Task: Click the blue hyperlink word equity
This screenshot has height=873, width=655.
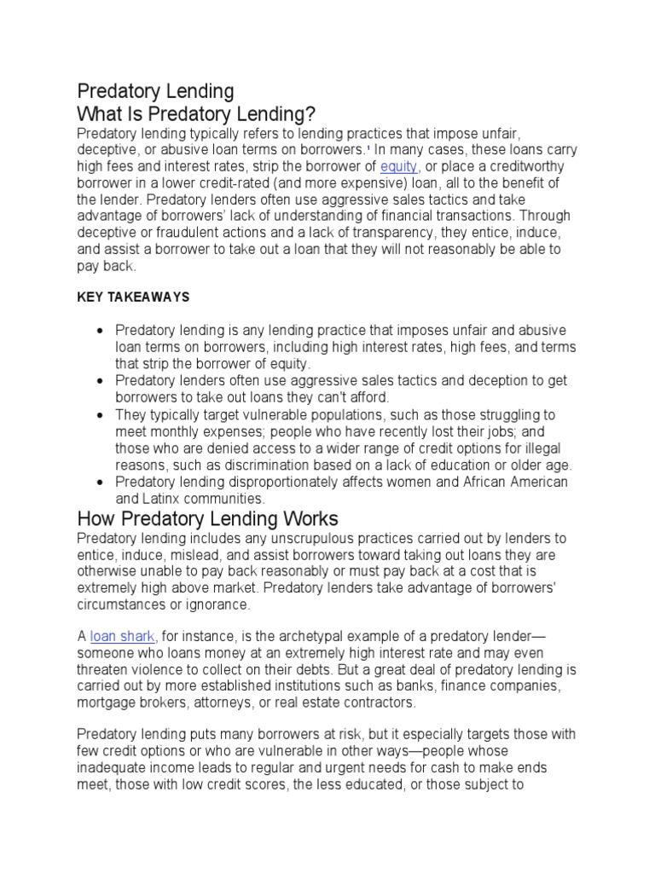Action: (398, 166)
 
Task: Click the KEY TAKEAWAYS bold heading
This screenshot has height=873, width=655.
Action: (133, 297)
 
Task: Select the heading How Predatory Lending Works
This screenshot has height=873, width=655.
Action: (208, 518)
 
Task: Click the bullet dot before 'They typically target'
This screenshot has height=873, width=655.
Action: (101, 415)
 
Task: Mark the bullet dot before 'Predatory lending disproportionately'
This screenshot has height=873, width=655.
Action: (101, 483)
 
